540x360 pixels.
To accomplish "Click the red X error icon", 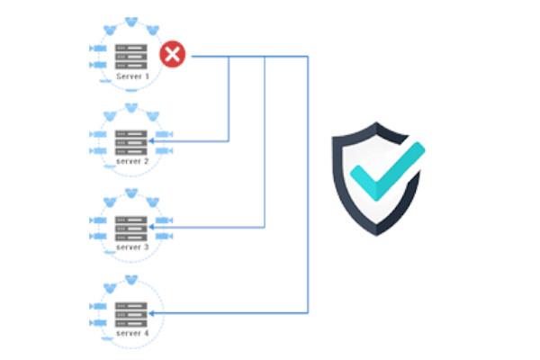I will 172,56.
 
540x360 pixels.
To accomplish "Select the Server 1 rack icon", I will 131,56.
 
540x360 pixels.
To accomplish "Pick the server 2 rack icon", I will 131,140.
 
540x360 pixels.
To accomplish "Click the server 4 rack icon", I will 131,312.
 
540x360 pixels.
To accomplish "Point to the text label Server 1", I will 132,78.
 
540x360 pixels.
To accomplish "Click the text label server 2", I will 132,162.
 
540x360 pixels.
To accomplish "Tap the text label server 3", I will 132,247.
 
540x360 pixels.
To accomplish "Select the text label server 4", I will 132,334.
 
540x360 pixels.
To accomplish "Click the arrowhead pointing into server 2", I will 153,140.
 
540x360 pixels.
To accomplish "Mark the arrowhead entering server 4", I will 153,312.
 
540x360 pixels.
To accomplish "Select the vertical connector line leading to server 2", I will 229,99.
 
